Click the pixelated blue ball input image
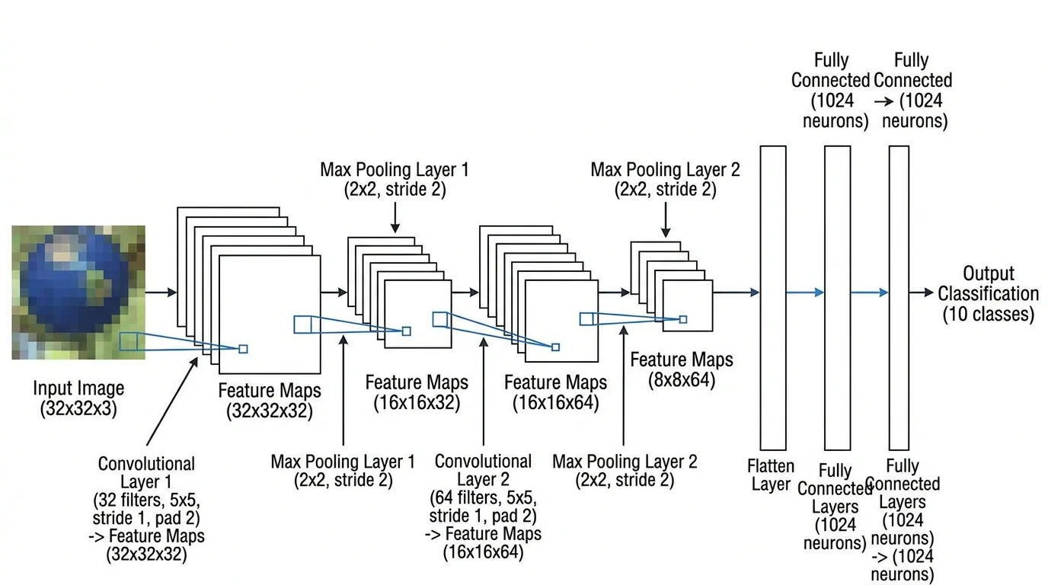pos(78,292)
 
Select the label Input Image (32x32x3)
pos(78,398)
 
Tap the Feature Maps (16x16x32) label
pos(417,392)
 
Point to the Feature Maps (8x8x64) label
pos(681,369)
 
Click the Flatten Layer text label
pos(771,475)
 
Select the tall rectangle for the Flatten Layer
pos(772,297)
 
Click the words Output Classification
pos(988,283)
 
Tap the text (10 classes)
pos(989,314)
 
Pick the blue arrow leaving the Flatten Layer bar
pos(805,292)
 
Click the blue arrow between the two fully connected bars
pos(869,292)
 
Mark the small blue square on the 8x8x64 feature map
pos(683,319)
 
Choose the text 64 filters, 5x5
pos(483,498)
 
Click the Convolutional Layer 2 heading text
pos(483,470)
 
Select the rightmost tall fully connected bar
pos(899,297)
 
